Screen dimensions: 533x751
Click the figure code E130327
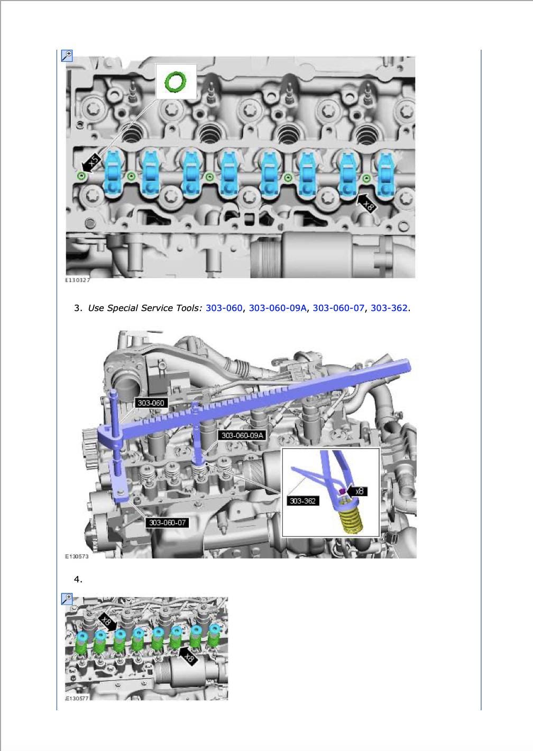(77, 280)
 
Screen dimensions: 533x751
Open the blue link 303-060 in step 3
(224, 308)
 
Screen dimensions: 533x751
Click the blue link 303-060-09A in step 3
(278, 308)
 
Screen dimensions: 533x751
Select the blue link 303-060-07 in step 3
(338, 308)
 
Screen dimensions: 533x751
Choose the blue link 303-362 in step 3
(389, 308)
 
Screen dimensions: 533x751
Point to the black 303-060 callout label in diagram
(151, 402)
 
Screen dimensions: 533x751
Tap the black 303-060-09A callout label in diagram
(242, 435)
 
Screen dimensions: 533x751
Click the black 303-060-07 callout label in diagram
(167, 522)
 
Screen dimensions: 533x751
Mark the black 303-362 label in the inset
(302, 500)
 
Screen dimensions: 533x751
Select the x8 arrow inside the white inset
(357, 491)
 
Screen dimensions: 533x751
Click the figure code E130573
(77, 556)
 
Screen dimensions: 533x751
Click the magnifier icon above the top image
(67, 56)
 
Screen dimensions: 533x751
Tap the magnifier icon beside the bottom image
(67, 599)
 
